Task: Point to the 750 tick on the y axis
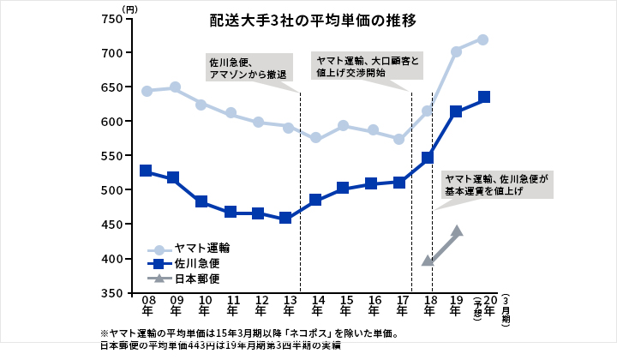[x=113, y=19]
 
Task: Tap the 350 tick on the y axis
[x=113, y=293]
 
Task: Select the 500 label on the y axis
[x=113, y=190]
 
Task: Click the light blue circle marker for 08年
[x=147, y=91]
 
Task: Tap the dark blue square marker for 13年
[x=285, y=218]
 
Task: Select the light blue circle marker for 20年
[x=482, y=39]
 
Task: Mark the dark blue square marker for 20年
[x=484, y=97]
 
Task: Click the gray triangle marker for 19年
[x=457, y=231]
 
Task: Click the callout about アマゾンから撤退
[x=249, y=69]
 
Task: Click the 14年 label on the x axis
[x=317, y=306]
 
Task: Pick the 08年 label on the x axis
[x=148, y=306]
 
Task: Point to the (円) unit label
[x=129, y=8]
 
